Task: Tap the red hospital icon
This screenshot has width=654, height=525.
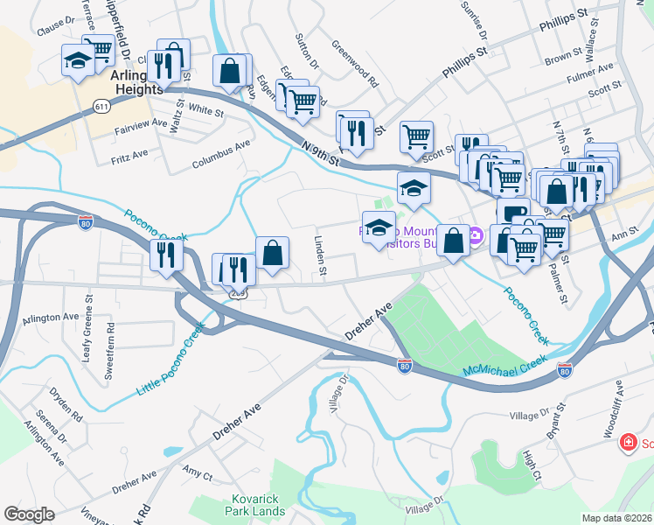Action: (626, 444)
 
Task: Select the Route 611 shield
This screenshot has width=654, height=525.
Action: (102, 106)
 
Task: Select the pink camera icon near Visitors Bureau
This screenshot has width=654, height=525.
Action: (475, 235)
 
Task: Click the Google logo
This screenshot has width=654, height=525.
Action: (29, 514)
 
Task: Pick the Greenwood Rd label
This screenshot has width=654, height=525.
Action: (355, 64)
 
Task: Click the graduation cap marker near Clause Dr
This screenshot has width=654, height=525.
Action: (78, 60)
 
